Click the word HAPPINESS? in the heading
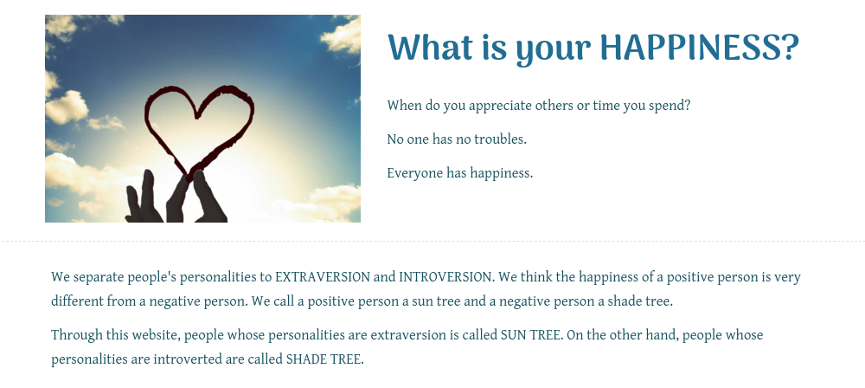pos(700,47)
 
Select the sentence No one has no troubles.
pos(457,139)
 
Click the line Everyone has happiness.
pos(460,173)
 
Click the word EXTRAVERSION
pos(323,277)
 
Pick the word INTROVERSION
pos(445,277)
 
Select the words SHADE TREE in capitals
pos(324,359)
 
